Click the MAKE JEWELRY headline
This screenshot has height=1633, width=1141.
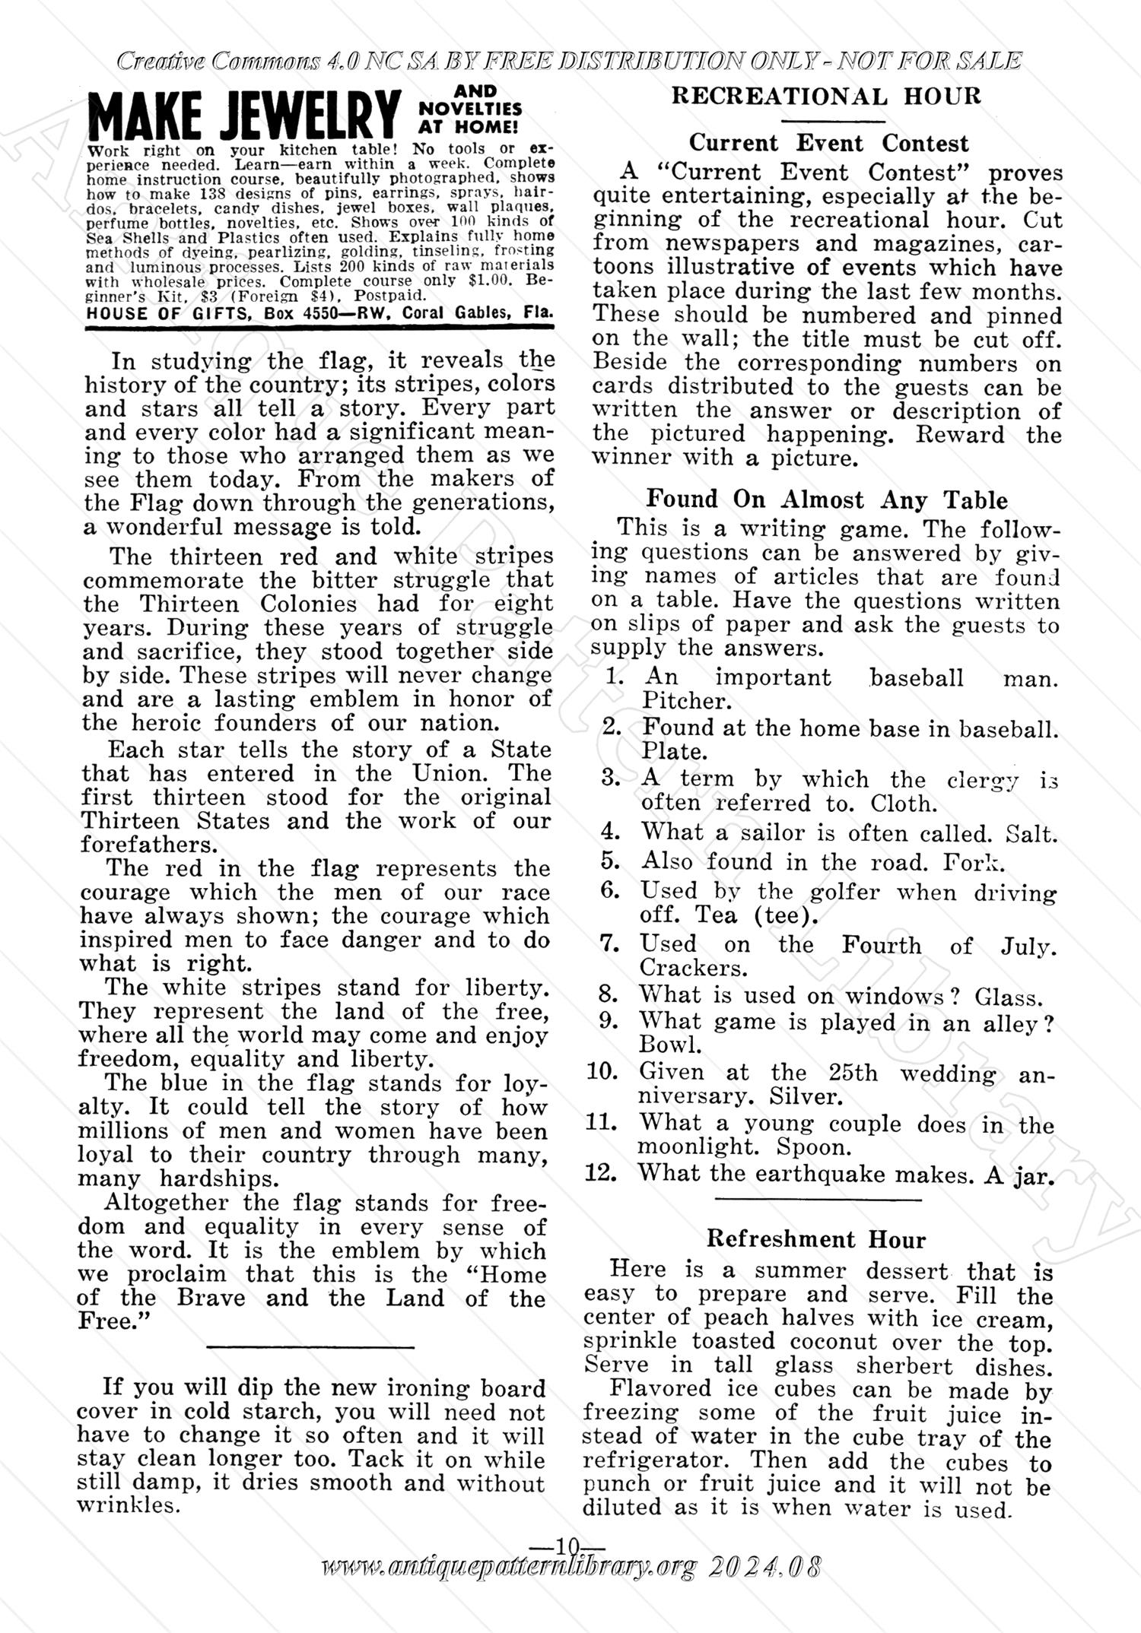pyautogui.click(x=243, y=114)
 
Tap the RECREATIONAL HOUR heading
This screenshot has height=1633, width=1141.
pyautogui.click(x=827, y=96)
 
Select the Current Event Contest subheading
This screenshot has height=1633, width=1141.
pyautogui.click(x=828, y=143)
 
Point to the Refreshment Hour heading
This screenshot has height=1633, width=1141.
pyautogui.click(x=816, y=1239)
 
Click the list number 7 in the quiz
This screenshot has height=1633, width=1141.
pyautogui.click(x=607, y=943)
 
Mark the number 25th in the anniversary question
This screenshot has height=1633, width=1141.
pyautogui.click(x=852, y=1073)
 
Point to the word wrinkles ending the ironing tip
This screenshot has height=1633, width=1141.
pyautogui.click(x=127, y=1505)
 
